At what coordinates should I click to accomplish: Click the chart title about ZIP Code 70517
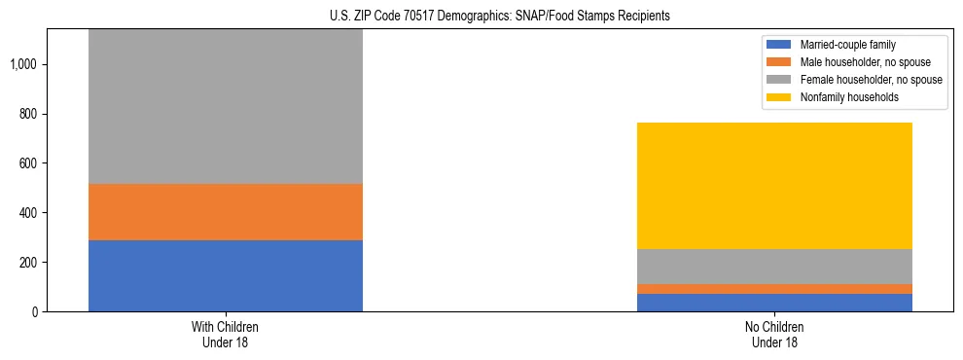point(481,16)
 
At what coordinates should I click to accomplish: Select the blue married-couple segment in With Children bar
point(226,275)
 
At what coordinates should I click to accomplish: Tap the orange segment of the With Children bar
point(226,212)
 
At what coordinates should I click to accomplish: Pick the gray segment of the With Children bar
point(226,107)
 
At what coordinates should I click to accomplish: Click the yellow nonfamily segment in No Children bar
point(775,186)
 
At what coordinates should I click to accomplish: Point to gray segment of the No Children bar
point(775,267)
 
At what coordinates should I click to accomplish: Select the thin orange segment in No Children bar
point(775,289)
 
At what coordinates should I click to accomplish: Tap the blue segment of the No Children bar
point(775,303)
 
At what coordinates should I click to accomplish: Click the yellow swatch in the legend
point(780,97)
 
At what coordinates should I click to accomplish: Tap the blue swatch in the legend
point(780,45)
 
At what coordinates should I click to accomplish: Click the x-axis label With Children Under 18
point(226,335)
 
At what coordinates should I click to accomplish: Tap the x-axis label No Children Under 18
point(775,335)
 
